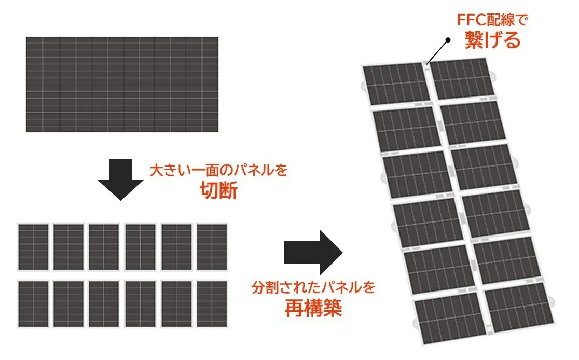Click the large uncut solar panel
[x=122, y=84]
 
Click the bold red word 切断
[x=218, y=192]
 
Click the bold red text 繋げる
[x=492, y=40]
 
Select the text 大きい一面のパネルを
[x=218, y=170]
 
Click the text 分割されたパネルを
[x=313, y=287]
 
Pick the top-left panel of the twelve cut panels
[x=33, y=247]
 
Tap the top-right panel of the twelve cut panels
[x=212, y=247]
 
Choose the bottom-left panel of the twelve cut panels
[x=33, y=303]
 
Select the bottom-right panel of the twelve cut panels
[x=212, y=303]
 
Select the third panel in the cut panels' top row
[x=104, y=247]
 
